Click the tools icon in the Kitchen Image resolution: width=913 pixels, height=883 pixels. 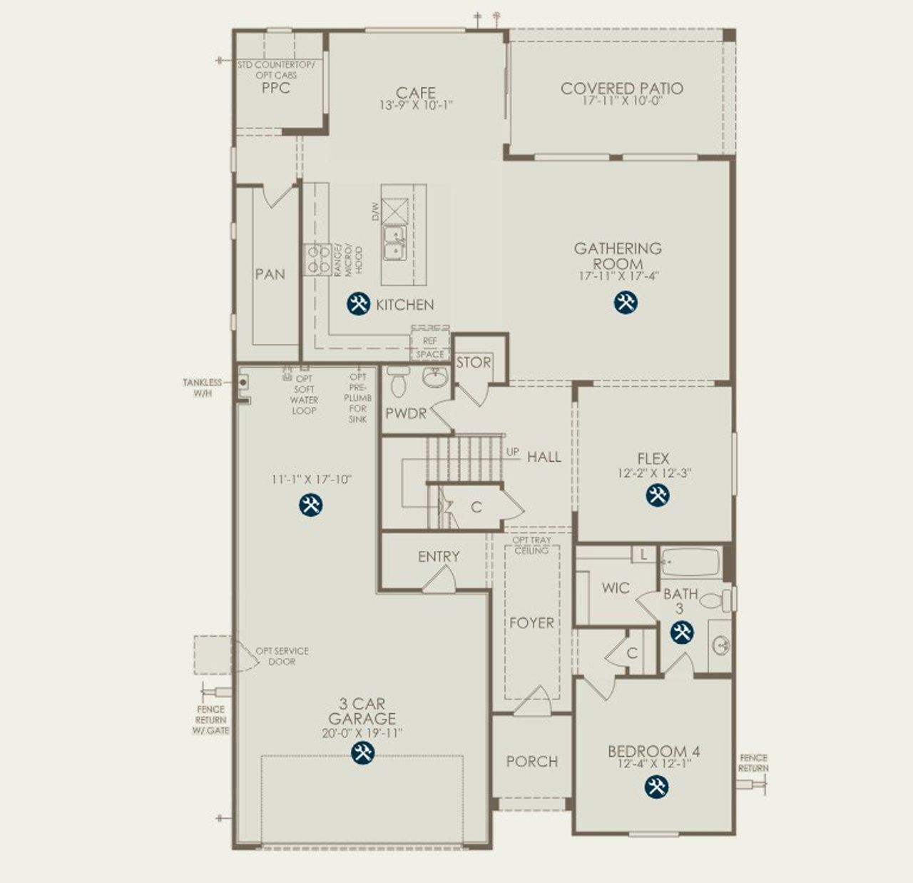point(358,304)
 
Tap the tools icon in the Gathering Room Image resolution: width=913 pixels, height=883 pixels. point(626,303)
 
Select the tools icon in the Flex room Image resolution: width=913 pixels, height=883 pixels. point(658,495)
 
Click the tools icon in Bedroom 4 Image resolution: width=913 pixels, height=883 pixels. point(656,787)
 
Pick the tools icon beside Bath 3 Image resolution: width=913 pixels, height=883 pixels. point(682,632)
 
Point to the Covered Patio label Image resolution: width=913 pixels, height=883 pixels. point(621,89)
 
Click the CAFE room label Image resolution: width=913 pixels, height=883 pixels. point(416,93)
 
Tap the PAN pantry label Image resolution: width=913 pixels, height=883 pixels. point(270,274)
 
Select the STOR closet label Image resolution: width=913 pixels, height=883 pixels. point(474,363)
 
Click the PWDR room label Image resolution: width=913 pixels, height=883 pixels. point(406,413)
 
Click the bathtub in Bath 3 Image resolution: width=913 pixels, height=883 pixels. point(690,562)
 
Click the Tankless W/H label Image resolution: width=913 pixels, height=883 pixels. point(202,388)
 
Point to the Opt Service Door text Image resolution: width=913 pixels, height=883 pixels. point(282,656)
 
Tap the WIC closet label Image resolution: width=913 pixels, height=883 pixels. point(615,587)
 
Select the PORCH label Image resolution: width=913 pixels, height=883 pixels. point(531,762)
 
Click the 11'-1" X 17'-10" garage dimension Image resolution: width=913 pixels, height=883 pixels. point(312,480)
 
